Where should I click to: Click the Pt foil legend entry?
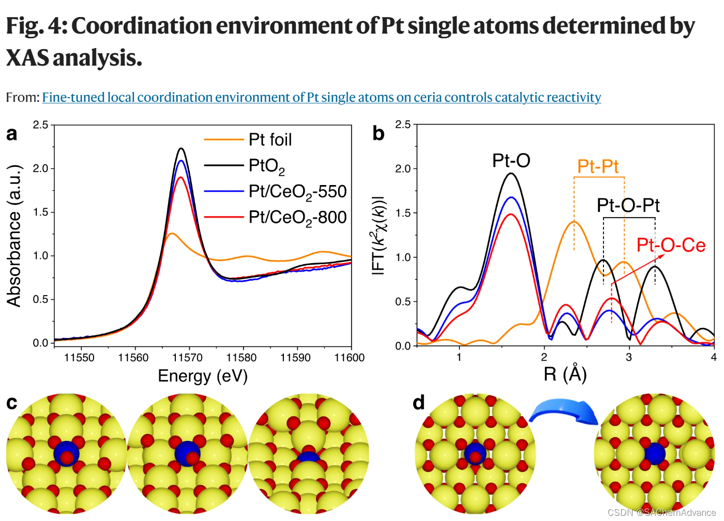point(270,140)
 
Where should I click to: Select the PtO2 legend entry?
point(266,166)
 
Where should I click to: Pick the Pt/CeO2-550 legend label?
point(297,192)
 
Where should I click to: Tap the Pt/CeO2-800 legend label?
point(297,218)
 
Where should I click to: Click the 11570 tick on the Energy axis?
point(187,358)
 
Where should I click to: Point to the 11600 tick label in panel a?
point(349,358)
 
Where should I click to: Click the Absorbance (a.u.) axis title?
point(14,236)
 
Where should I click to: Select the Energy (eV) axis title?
point(203,376)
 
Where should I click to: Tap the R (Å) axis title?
point(565,374)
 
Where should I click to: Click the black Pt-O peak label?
point(511,161)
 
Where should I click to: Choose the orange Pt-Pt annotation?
point(598,166)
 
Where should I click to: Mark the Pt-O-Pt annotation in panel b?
point(628,205)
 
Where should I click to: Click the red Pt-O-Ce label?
point(671,245)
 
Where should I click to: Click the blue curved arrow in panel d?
point(564,411)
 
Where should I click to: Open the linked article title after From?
point(321,97)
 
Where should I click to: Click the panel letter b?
point(379,133)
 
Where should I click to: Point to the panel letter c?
point(11,403)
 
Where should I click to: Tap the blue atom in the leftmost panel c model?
point(66,453)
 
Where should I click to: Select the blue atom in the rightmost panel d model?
point(655,453)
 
